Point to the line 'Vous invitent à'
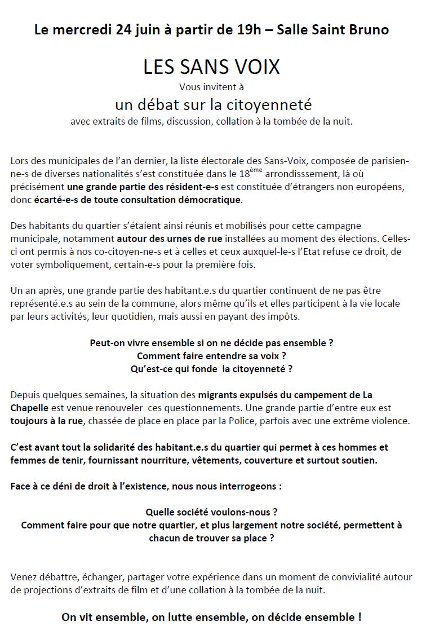[211, 87]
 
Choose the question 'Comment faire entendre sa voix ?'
[211, 356]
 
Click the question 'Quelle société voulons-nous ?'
[211, 513]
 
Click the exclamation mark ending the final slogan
[359, 618]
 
